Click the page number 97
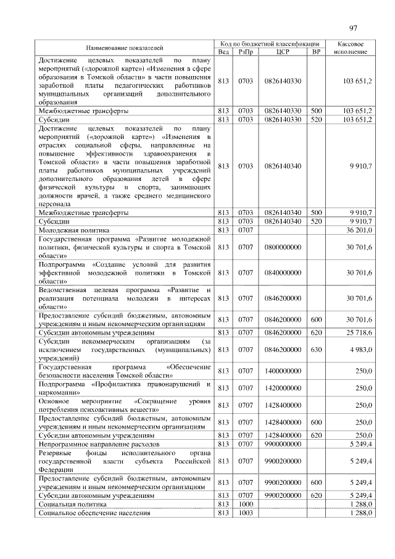tap(353, 28)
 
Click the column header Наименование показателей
tap(125, 48)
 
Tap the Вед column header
tap(223, 52)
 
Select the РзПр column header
tap(245, 52)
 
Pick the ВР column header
tap(317, 52)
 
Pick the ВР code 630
tap(317, 349)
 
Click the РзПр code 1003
tap(245, 513)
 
